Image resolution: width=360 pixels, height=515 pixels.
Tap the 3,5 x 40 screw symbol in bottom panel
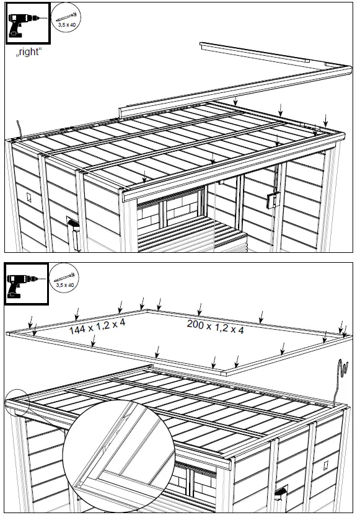(x=64, y=278)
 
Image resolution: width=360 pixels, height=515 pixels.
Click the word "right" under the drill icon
(x=29, y=53)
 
